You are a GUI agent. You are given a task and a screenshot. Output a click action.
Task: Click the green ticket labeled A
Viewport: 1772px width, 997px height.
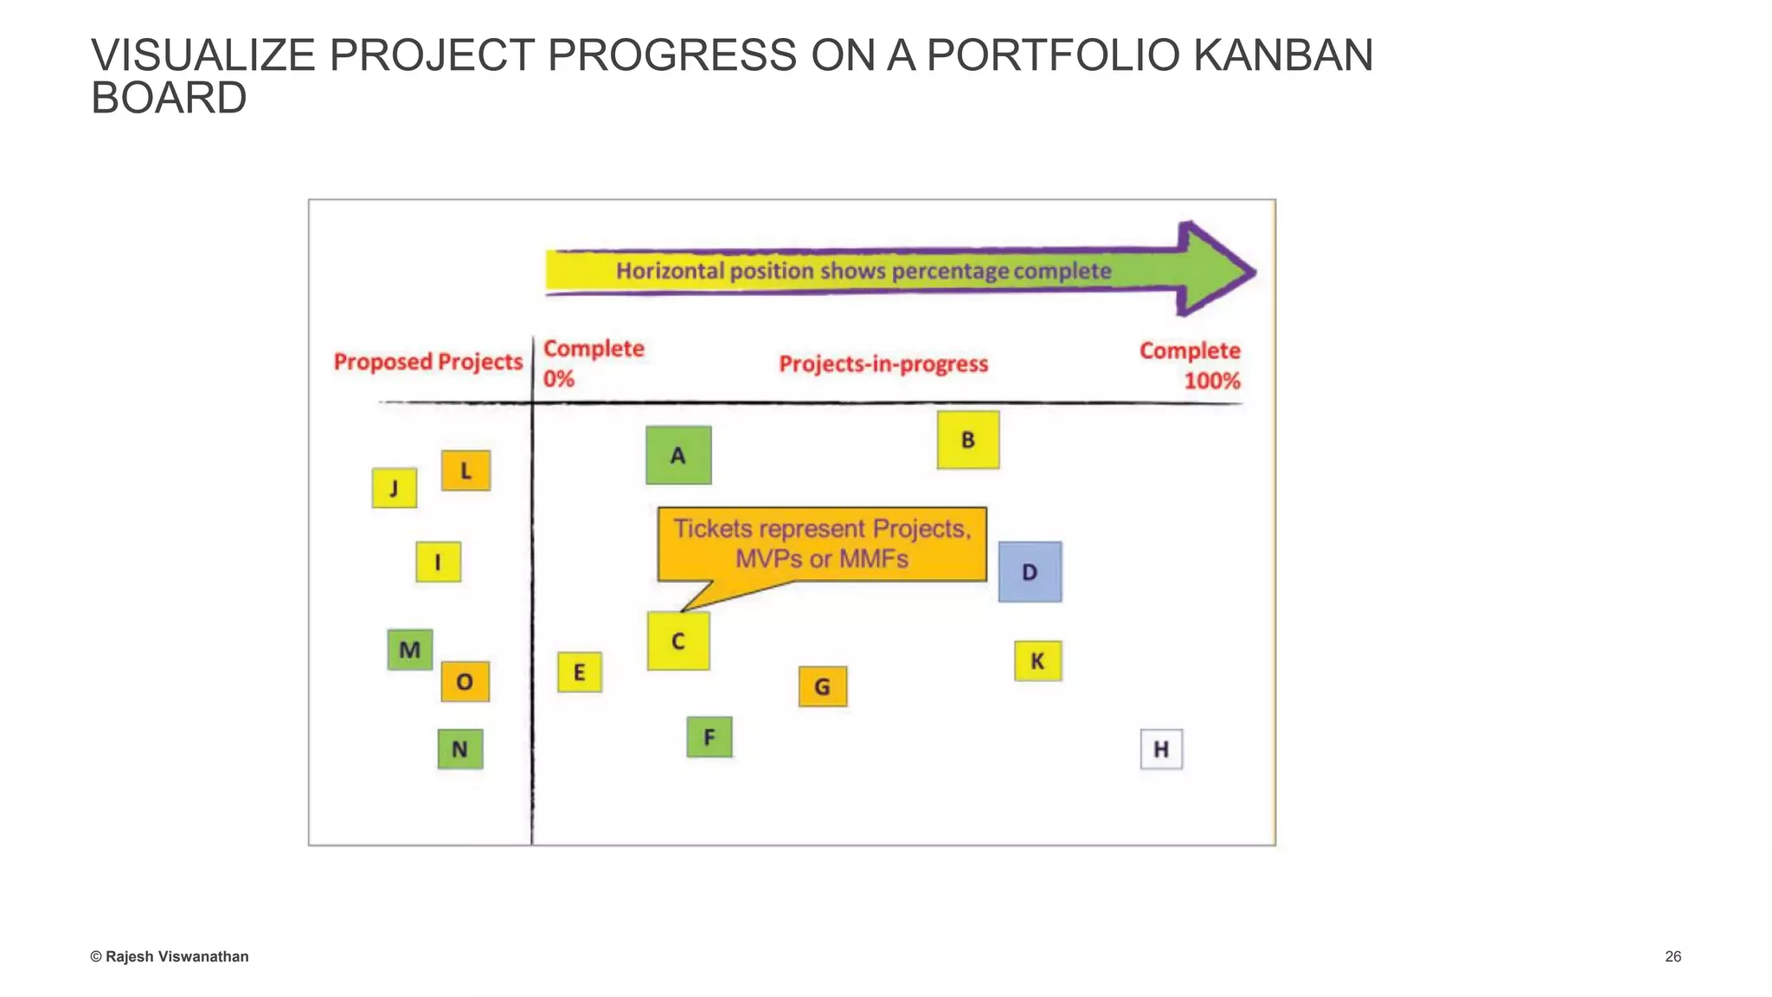pyautogui.click(x=678, y=455)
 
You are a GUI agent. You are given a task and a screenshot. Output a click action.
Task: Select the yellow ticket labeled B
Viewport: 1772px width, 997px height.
pyautogui.click(x=967, y=441)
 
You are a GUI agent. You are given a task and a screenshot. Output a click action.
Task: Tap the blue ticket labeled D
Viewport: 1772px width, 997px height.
pyautogui.click(x=1030, y=572)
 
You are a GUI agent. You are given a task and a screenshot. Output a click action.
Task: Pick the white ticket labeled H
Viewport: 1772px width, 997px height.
pyautogui.click(x=1161, y=749)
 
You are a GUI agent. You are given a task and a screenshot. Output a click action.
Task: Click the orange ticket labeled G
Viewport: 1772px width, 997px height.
pyautogui.click(x=822, y=686)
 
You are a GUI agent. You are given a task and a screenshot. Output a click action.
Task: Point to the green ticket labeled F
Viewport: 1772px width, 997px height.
pyautogui.click(x=709, y=737)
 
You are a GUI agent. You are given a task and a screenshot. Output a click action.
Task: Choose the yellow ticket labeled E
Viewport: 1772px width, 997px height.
pyautogui.click(x=579, y=672)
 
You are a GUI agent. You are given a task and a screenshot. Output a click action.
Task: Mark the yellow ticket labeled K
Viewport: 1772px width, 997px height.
pyautogui.click(x=1037, y=661)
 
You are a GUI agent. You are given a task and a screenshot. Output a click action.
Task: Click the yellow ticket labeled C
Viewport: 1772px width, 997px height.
pyautogui.click(x=678, y=641)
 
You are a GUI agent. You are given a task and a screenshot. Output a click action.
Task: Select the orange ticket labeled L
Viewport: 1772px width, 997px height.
pyautogui.click(x=465, y=471)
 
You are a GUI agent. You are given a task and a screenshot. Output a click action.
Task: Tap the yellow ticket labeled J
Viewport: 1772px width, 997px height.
pyautogui.click(x=394, y=488)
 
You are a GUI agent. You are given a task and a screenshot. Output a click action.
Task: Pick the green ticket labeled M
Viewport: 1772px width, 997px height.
pyautogui.click(x=409, y=650)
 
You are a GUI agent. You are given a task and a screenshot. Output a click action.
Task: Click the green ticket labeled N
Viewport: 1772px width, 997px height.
pyautogui.click(x=459, y=749)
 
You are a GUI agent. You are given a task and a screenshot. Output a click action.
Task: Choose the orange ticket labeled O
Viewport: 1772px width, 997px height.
pyautogui.click(x=465, y=682)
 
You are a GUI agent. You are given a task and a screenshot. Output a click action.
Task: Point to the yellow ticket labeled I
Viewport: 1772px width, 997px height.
pyautogui.click(x=438, y=563)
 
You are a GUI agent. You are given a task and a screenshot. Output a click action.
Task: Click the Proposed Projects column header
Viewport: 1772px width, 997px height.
pyautogui.click(x=428, y=362)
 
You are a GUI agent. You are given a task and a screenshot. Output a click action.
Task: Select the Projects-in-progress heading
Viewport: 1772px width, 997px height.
pyautogui.click(x=883, y=364)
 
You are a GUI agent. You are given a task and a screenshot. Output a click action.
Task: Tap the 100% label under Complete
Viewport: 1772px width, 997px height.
pyautogui.click(x=1211, y=381)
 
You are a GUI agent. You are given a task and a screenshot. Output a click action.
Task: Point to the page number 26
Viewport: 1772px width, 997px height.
pyautogui.click(x=1672, y=956)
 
